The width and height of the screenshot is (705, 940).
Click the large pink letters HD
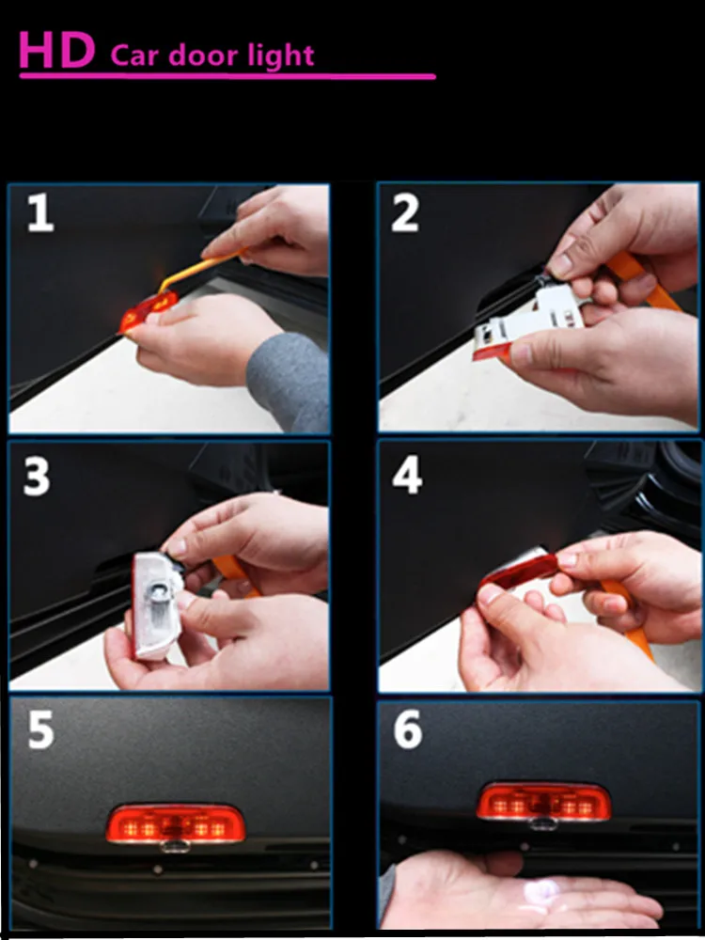tap(57, 50)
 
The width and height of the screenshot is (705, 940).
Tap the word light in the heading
tap(282, 56)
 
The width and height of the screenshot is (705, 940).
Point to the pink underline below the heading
tap(227, 76)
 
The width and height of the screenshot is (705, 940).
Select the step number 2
tap(405, 213)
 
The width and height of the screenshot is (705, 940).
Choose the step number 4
tap(407, 477)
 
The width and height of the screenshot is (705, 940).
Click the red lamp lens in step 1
tap(149, 310)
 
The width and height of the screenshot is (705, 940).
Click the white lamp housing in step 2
tap(528, 319)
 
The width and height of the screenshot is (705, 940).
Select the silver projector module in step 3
tap(155, 604)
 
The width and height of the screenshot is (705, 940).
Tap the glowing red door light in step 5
tap(176, 823)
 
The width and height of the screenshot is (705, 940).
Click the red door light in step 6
tap(543, 802)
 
